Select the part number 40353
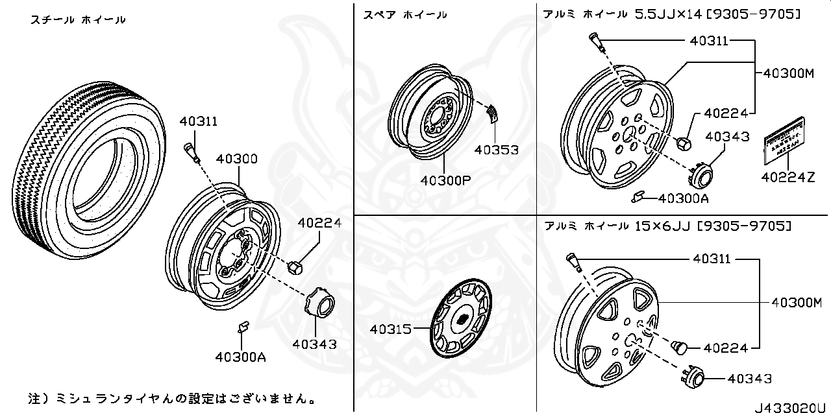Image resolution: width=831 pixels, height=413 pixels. pos(496,150)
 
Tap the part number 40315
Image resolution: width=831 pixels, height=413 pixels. pos(391,329)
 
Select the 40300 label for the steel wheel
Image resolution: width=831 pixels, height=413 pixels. pos(236,159)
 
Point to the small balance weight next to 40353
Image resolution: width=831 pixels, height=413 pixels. pos(493,114)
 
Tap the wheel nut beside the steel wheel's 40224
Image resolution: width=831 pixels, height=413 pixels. pos(294,266)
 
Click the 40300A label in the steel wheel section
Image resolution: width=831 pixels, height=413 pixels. pos(241,357)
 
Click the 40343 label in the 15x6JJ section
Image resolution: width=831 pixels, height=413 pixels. pos(749,379)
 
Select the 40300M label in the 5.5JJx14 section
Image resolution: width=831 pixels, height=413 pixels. pos(788,73)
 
